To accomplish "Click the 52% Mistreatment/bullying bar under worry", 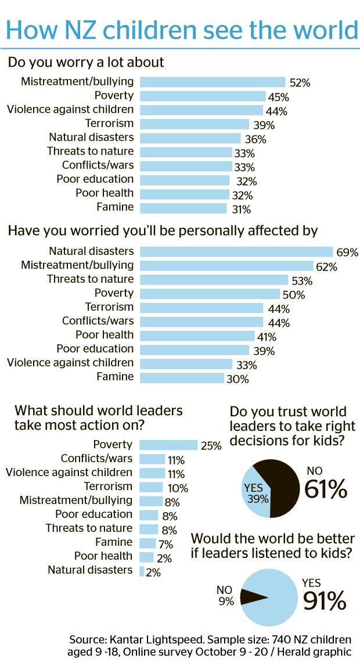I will point(213,82).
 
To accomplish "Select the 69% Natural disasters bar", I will point(236,251).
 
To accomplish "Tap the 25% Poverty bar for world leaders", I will point(168,445).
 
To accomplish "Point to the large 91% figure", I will point(324,601).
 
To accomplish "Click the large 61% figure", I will point(326,489).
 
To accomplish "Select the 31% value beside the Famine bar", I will point(242,209).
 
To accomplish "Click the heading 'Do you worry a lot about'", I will point(86,62).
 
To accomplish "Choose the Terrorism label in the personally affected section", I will point(109,307).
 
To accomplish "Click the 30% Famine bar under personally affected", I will point(182,377).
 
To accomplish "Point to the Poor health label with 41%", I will point(105,334).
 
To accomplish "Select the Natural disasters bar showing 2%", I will point(142,571).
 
